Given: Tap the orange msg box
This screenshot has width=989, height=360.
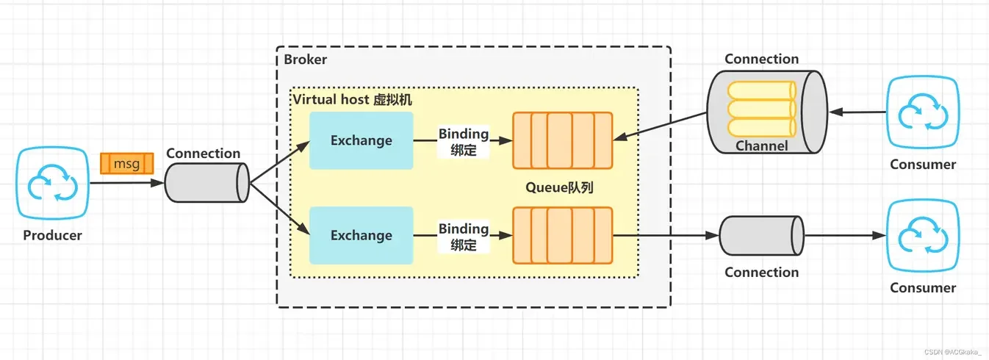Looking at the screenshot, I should pyautogui.click(x=126, y=163).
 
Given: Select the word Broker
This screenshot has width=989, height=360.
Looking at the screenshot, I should pyautogui.click(x=306, y=60).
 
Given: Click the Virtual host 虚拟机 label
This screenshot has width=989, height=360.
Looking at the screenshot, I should pyautogui.click(x=352, y=99).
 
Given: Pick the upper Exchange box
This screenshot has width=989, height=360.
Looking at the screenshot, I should pyautogui.click(x=361, y=140).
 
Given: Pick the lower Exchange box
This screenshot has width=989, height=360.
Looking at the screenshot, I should pyautogui.click(x=361, y=235).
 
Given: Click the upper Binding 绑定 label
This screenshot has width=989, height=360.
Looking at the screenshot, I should pyautogui.click(x=464, y=142).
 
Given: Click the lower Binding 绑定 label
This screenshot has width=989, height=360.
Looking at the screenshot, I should pyautogui.click(x=464, y=236).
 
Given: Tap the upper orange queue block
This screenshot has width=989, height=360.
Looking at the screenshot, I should pyautogui.click(x=562, y=140).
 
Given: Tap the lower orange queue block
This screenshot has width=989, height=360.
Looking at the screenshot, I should pyautogui.click(x=562, y=235).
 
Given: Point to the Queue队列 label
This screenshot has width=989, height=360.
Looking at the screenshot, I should pyautogui.click(x=559, y=187).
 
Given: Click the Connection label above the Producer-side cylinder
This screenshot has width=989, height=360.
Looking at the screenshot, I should pyautogui.click(x=203, y=154).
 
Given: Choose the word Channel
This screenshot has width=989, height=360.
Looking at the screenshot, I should pyautogui.click(x=761, y=146).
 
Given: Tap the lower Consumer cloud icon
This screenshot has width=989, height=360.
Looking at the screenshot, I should pyautogui.click(x=922, y=236).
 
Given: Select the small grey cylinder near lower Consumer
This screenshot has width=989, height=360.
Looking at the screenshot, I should pyautogui.click(x=761, y=236).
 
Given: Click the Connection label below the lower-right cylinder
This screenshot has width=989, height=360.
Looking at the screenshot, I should pyautogui.click(x=761, y=273).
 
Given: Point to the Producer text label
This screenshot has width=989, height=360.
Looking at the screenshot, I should pyautogui.click(x=52, y=236).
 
